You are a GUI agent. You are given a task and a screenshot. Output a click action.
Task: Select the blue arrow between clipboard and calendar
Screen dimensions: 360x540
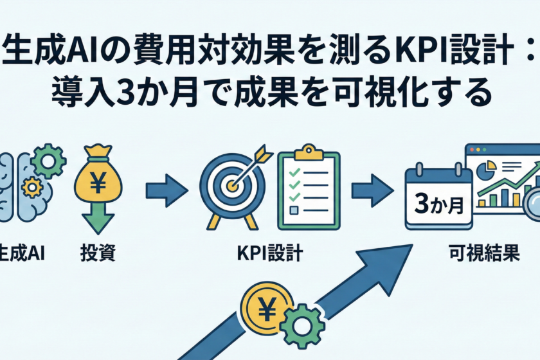point(372,190)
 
